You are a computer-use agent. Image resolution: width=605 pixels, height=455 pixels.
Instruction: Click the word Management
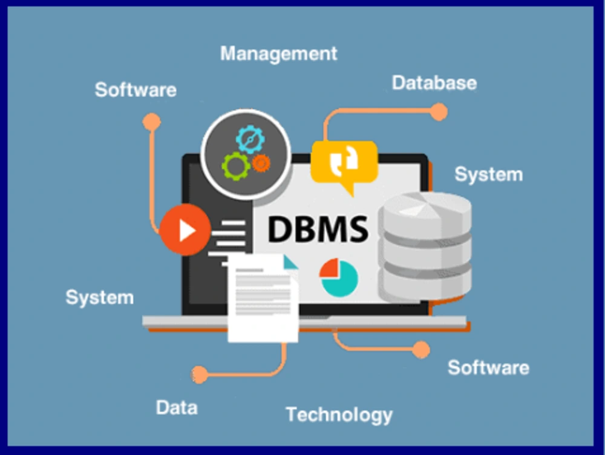[x=278, y=54]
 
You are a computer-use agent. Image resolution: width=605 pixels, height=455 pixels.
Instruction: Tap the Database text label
[x=434, y=83]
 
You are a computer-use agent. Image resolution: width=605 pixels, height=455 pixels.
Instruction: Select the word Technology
[x=339, y=415]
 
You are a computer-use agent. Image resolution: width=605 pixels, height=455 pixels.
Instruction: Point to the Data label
[x=177, y=408]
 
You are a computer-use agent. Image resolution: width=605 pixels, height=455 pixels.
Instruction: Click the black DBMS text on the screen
[x=318, y=229]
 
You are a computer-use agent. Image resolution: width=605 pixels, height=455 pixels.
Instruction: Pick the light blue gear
[x=250, y=139]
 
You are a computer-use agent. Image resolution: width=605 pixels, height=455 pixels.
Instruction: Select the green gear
[x=236, y=166]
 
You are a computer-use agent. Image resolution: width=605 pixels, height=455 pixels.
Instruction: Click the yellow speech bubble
[x=344, y=162]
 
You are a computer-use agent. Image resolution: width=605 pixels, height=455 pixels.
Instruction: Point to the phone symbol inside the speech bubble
[x=344, y=161]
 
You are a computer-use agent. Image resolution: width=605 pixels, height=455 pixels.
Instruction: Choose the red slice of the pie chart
[x=329, y=268]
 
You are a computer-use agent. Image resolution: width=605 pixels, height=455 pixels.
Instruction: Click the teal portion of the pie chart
[x=341, y=280]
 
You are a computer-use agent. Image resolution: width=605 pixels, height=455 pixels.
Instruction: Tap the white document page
[x=263, y=298]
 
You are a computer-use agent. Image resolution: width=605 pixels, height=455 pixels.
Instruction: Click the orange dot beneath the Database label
[x=438, y=112]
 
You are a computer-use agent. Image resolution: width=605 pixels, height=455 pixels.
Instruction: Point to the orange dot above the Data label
[x=199, y=374]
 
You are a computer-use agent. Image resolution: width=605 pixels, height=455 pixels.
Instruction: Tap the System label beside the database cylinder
[x=488, y=174]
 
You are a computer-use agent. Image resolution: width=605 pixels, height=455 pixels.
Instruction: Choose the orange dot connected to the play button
[x=152, y=122]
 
